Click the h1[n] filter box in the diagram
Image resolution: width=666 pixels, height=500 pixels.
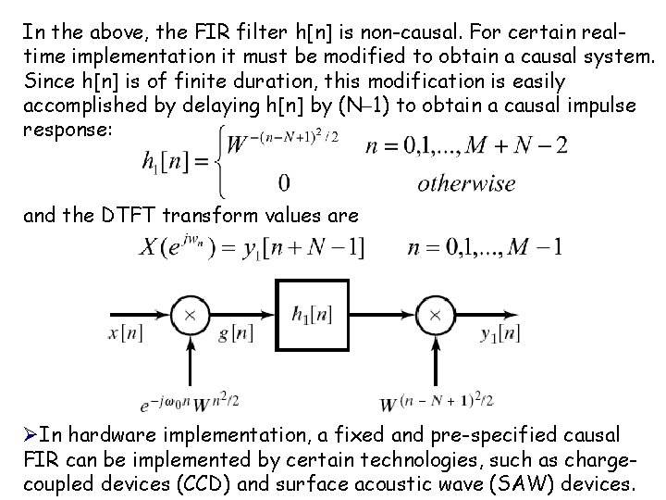(x=311, y=315)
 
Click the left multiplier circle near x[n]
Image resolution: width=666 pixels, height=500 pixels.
(x=190, y=315)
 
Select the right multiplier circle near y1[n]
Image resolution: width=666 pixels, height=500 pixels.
(x=432, y=315)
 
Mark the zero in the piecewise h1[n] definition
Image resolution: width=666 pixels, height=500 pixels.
(x=284, y=181)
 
